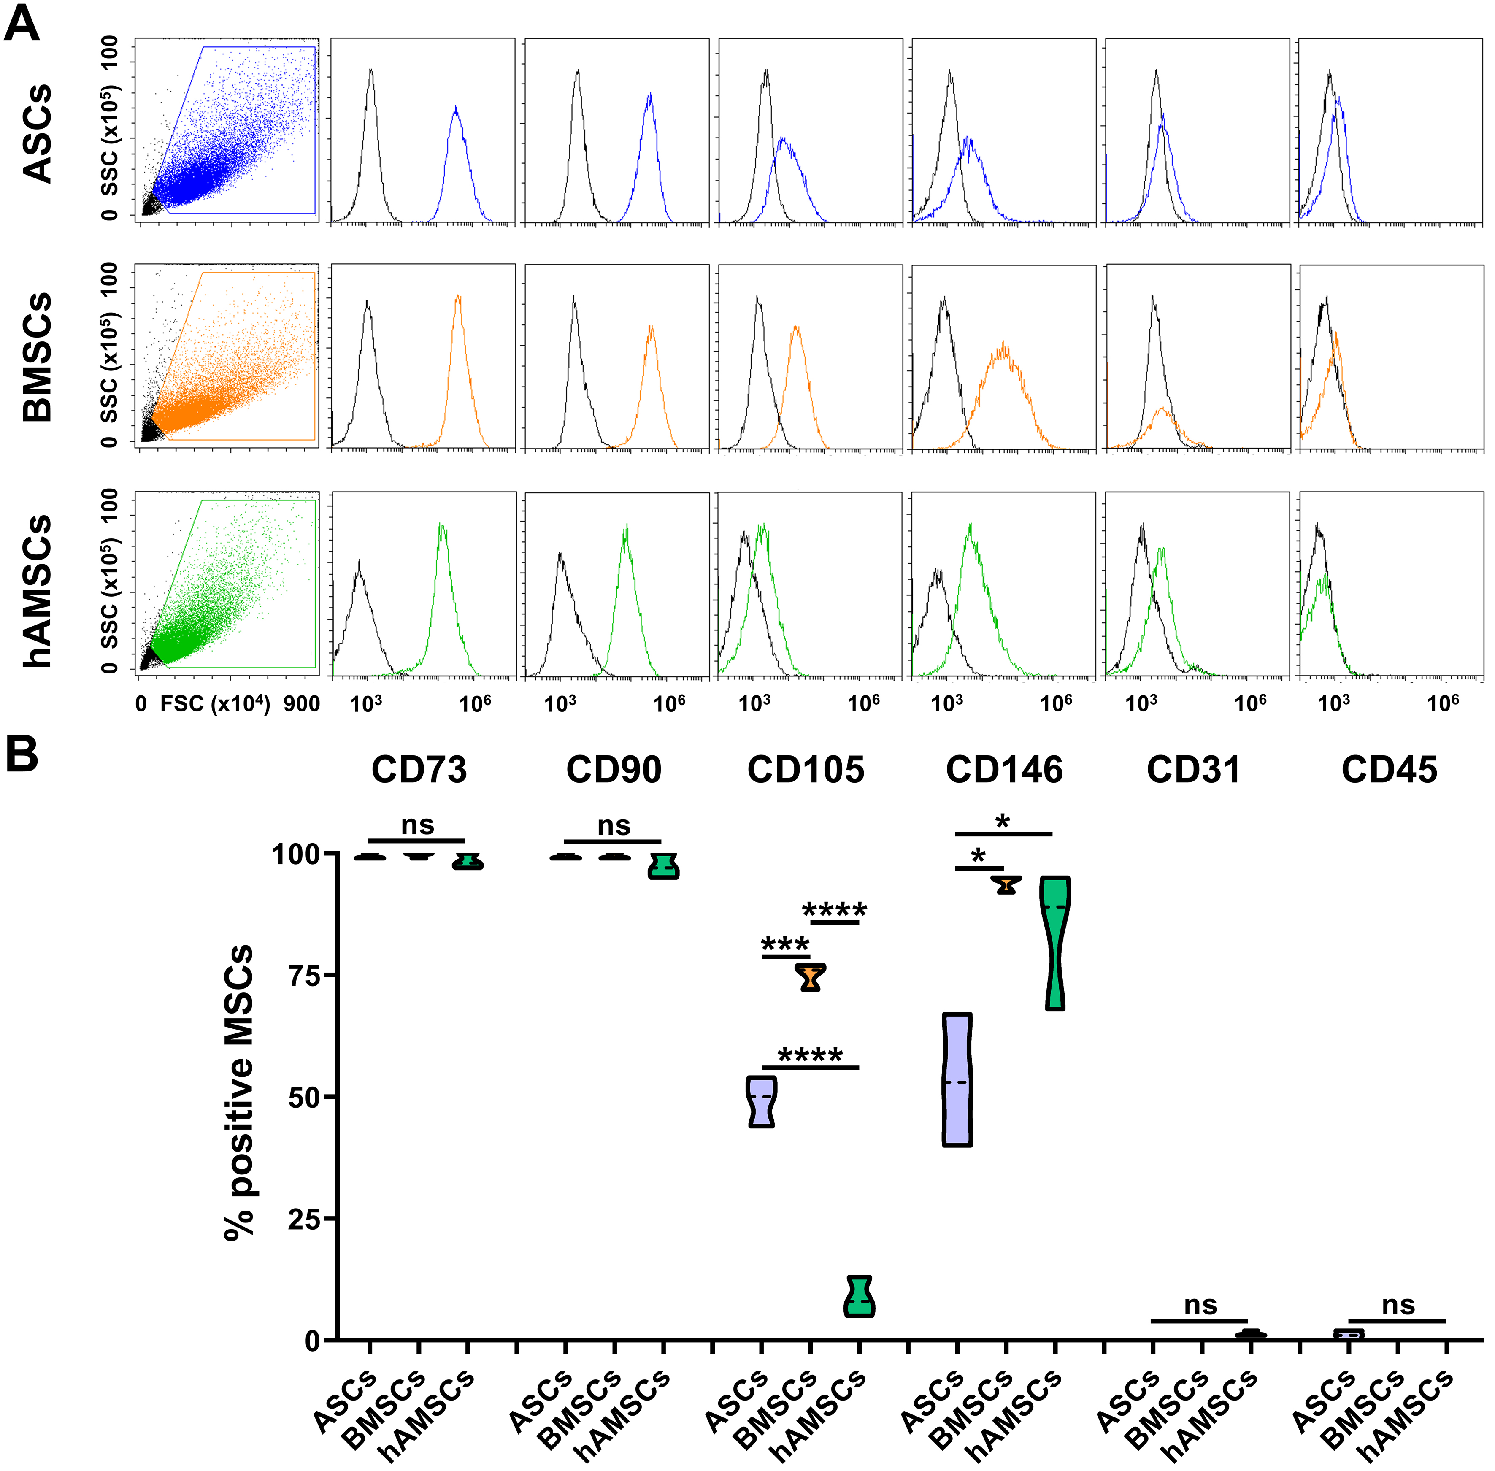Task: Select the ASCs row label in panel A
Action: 37,133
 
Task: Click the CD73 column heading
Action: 419,770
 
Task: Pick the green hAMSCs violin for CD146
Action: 1055,943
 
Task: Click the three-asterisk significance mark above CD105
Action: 785,944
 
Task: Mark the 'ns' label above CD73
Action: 417,825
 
